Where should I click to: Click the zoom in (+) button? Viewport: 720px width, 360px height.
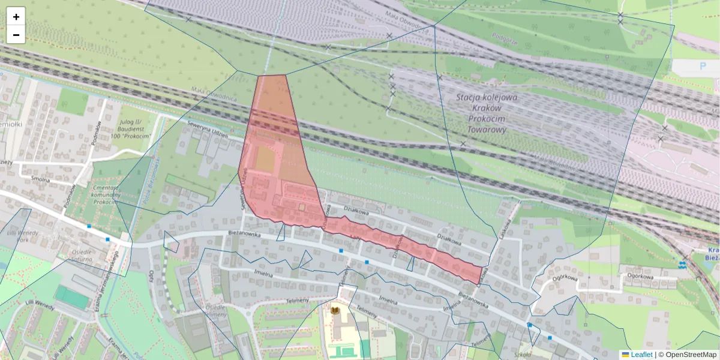(16, 17)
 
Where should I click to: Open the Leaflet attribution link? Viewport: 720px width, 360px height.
(641, 355)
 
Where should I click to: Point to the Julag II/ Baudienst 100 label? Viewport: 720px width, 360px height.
(133, 128)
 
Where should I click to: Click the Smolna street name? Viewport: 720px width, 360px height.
(41, 178)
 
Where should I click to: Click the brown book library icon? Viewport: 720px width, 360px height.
(335, 310)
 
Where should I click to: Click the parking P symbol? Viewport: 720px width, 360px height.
(703, 67)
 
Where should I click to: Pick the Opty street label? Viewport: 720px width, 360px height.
(151, 277)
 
